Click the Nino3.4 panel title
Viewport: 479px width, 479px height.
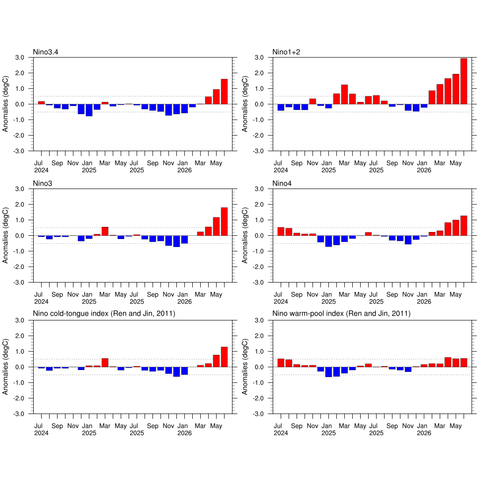[45, 52]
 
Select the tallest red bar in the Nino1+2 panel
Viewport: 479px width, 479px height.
[464, 81]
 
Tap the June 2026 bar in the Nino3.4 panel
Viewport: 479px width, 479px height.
[224, 92]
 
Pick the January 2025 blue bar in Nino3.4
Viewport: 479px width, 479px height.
[89, 110]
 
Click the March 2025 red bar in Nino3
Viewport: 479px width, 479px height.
[105, 231]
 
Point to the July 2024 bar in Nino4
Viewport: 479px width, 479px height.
[281, 232]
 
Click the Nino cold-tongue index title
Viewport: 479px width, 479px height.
[104, 314]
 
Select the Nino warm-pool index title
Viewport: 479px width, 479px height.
[341, 314]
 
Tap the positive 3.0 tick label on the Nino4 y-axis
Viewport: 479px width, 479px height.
[259, 189]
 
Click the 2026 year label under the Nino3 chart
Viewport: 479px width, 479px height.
[184, 302]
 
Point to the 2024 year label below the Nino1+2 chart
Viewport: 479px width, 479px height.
[281, 170]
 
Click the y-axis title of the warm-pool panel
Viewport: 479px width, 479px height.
[245, 367]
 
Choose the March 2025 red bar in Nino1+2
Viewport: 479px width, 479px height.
[344, 94]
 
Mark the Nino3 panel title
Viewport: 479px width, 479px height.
[43, 183]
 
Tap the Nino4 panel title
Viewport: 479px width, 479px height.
[282, 183]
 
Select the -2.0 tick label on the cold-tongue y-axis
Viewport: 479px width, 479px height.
[19, 399]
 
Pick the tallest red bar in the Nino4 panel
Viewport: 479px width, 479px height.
[464, 226]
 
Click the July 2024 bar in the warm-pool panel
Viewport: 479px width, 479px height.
[281, 363]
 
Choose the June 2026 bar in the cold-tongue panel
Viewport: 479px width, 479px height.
[224, 357]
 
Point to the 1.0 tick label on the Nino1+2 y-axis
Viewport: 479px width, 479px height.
[259, 88]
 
